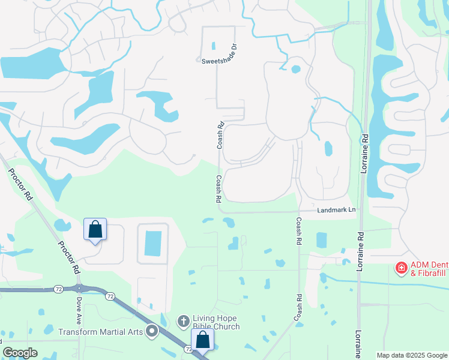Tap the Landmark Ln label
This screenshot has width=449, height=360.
[336, 210]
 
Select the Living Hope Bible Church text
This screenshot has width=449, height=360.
[215, 322]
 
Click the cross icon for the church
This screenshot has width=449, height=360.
[184, 322]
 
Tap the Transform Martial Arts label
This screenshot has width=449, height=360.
[101, 331]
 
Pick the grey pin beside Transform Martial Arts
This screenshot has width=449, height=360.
[152, 331]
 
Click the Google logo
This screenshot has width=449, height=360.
[20, 353]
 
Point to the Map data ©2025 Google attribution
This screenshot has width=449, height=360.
[412, 355]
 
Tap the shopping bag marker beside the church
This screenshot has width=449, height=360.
[203, 340]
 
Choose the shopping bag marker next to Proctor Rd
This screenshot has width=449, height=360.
[95, 229]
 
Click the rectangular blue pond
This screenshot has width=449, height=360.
[153, 244]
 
